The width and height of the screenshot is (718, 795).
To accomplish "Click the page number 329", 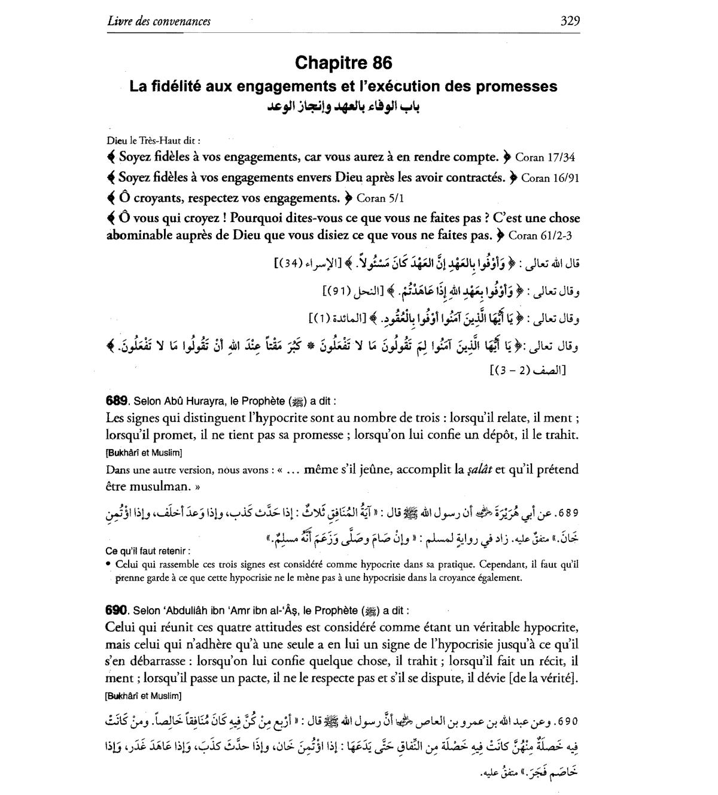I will pos(570,22).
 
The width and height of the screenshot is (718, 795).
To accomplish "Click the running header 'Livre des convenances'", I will pos(159,22).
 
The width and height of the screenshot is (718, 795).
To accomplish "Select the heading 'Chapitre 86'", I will pos(343,63).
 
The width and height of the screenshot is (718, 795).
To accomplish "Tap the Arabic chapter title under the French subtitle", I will pos(343,107).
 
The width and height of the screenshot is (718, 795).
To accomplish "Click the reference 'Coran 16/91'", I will pos(550,178).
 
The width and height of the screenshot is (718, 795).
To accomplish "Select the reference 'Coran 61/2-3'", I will pos(536,236).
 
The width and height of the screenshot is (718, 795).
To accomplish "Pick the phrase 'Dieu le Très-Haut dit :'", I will pos(153,141).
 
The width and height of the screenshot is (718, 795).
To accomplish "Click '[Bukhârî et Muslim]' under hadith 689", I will pos(144,453).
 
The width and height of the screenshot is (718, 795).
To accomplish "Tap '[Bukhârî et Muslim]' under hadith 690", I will pos(144,696).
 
